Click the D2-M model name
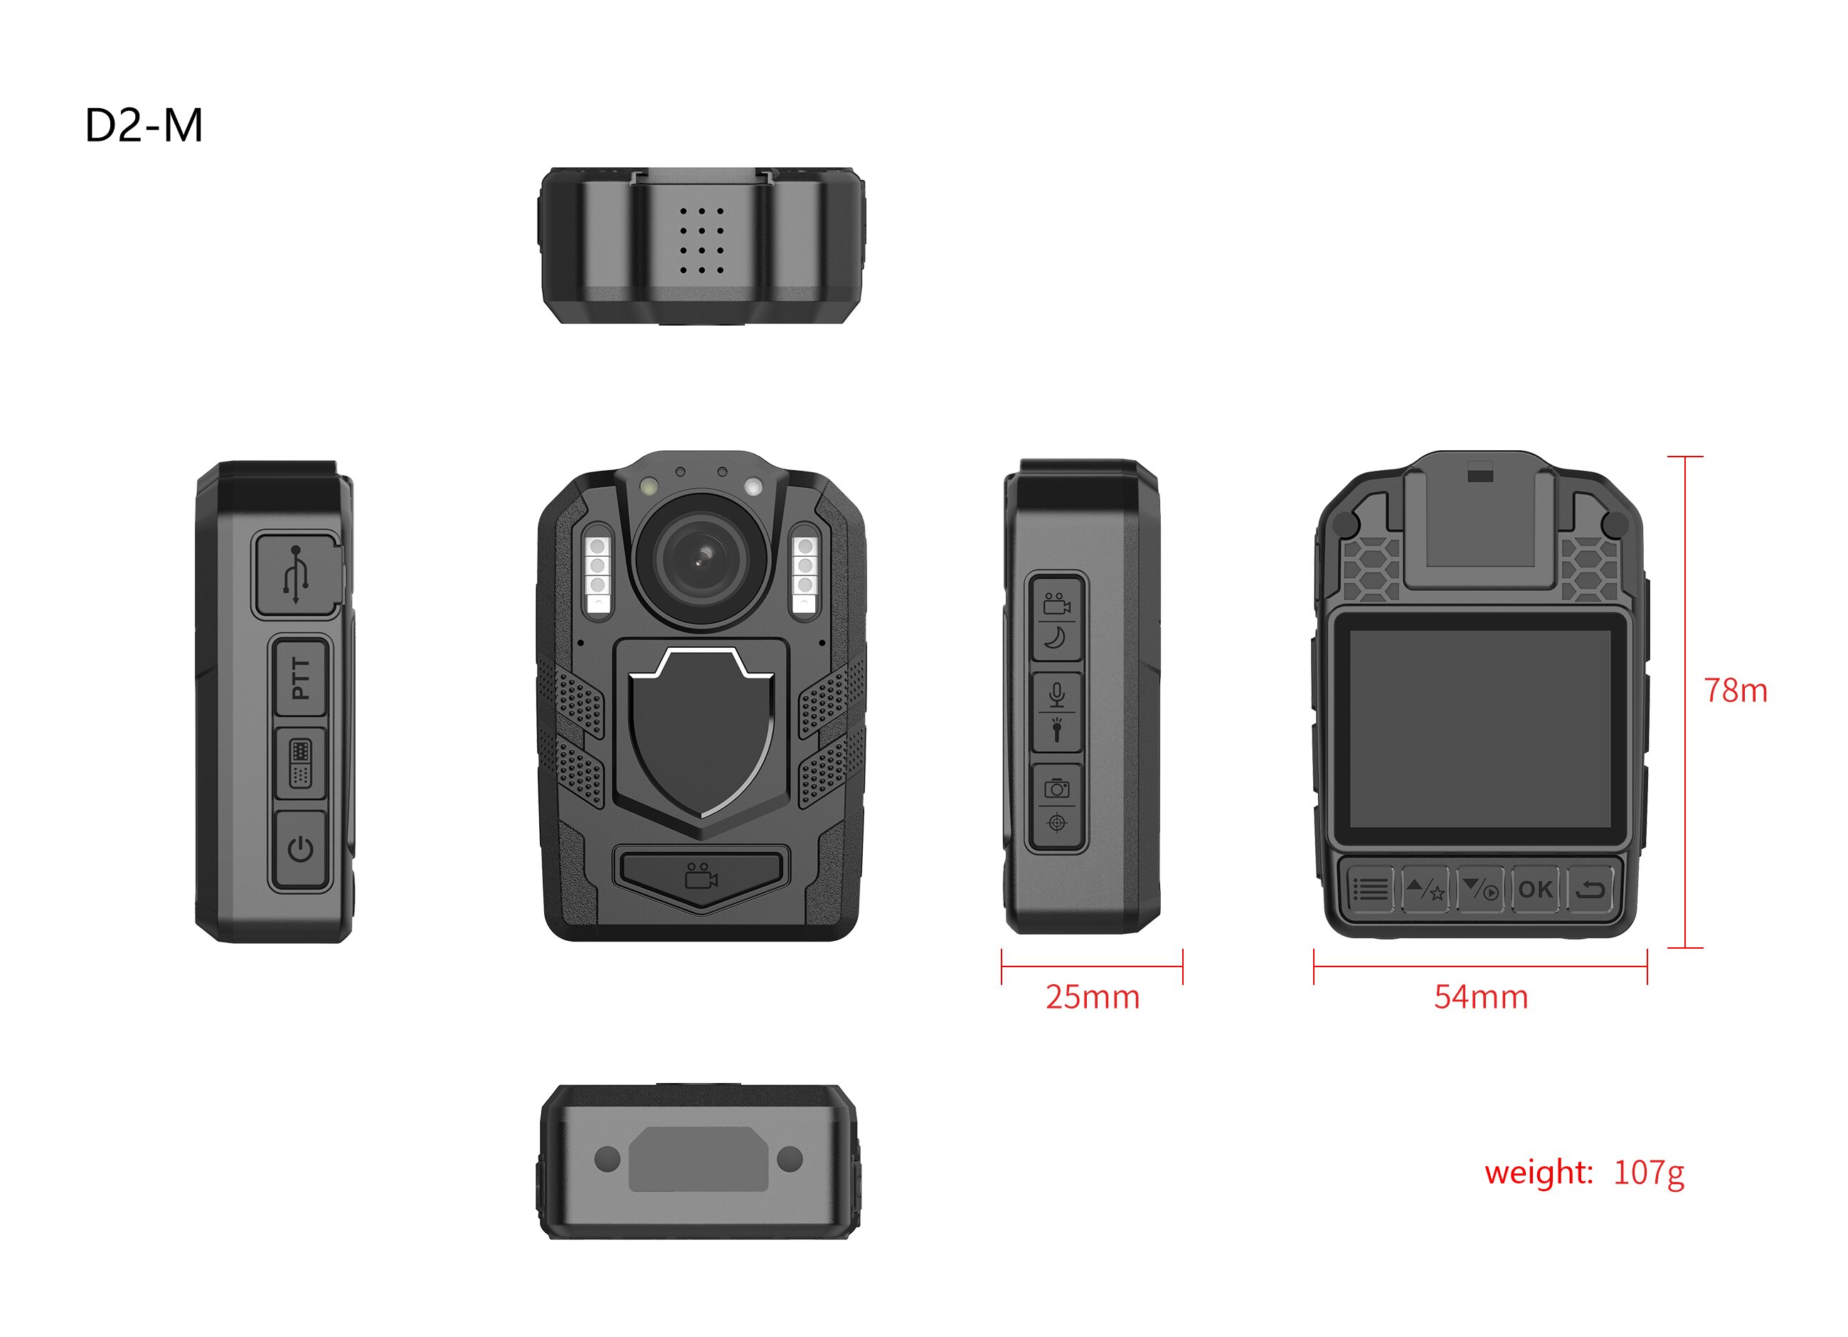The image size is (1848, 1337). [144, 127]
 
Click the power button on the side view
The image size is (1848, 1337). [301, 850]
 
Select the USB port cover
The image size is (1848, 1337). [297, 575]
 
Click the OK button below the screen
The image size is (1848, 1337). [1535, 889]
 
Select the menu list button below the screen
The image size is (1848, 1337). [1371, 890]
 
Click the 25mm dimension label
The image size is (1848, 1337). [1093, 997]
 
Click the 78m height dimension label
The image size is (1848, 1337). [1736, 691]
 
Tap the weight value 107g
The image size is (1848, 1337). [1648, 1174]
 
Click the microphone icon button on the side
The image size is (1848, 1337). [1057, 694]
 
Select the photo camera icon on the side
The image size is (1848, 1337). [1057, 788]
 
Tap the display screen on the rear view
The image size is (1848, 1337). [1480, 729]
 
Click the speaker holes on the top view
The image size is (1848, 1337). [701, 240]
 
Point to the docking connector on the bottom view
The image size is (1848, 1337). [699, 1158]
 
